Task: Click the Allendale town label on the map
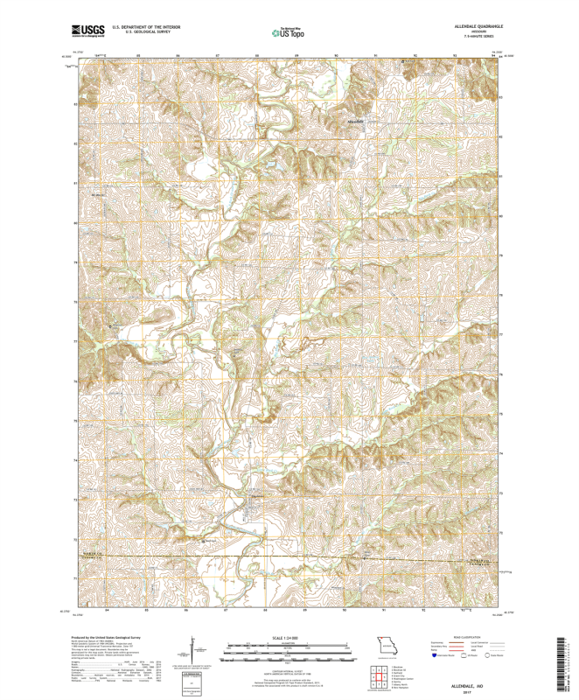tap(355, 120)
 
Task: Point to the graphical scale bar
tap(288, 650)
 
